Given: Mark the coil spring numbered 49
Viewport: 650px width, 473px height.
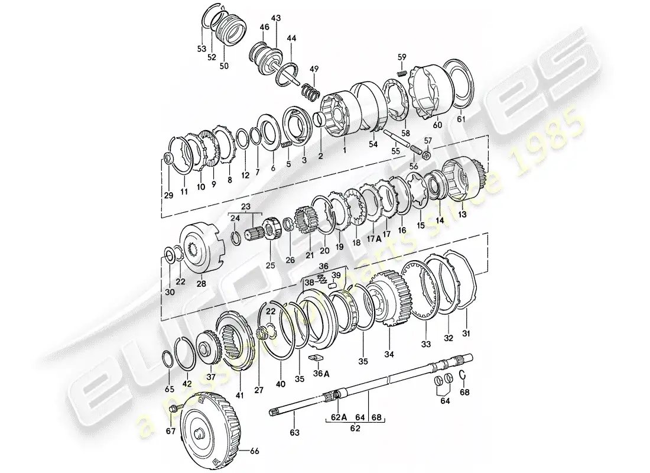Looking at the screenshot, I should (309, 91).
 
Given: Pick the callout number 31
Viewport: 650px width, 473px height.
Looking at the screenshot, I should (466, 333).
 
